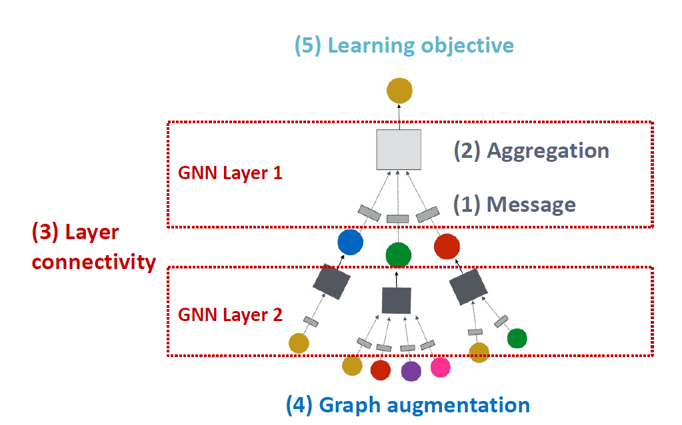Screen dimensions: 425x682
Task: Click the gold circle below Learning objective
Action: click(x=399, y=90)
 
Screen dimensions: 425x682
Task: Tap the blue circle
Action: click(x=350, y=242)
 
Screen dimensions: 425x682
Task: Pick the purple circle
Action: click(x=411, y=370)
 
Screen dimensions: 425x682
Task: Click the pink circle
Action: click(x=440, y=366)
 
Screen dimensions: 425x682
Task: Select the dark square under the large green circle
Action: click(x=396, y=300)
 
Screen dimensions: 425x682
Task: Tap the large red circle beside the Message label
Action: click(x=448, y=246)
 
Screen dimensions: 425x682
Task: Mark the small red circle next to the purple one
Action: click(x=380, y=370)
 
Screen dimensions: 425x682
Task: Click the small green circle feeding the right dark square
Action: click(x=517, y=338)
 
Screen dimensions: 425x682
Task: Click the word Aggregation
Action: click(x=548, y=151)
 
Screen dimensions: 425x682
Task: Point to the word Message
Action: click(x=531, y=204)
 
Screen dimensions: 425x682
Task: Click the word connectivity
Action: click(x=93, y=262)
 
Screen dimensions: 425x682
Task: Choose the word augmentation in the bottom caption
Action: click(x=459, y=404)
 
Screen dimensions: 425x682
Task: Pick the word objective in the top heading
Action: click(x=467, y=45)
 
